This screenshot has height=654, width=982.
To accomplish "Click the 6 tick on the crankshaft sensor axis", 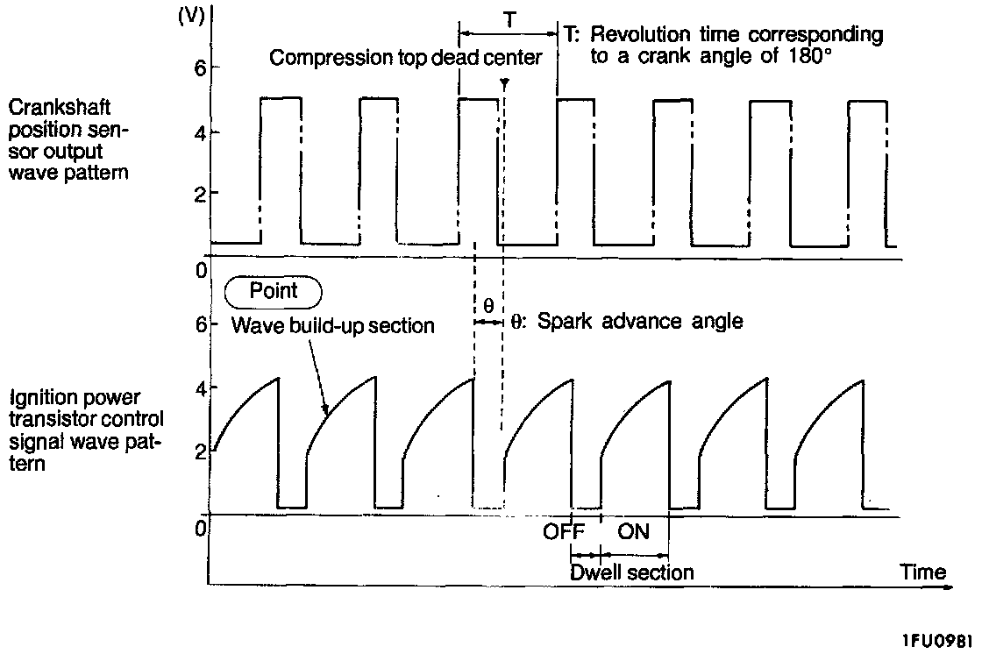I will coord(199,68).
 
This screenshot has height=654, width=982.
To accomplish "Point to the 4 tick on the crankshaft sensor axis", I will coord(199,132).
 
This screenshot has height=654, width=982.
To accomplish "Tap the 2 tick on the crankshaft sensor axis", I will coord(199,193).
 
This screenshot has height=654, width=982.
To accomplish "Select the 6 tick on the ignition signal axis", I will coord(199,324).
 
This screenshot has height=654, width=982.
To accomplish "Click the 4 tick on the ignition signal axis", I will coord(199,387).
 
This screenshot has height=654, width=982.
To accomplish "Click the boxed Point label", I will coord(274,291).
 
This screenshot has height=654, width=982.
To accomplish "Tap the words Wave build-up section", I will coord(333,326).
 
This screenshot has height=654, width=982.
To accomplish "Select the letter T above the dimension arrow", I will coord(509,17).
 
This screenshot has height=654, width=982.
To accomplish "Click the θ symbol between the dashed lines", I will coord(488,306).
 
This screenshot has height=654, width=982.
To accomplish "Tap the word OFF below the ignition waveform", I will coord(564,531).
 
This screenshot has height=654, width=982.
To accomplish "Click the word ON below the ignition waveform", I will coord(634,531).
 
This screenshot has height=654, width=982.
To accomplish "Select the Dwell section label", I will coord(631,572).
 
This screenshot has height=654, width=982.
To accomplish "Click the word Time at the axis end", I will coord(922,572).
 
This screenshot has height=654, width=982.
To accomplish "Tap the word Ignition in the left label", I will coord(41,397).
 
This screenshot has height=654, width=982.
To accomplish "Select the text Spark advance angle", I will coord(639,322).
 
